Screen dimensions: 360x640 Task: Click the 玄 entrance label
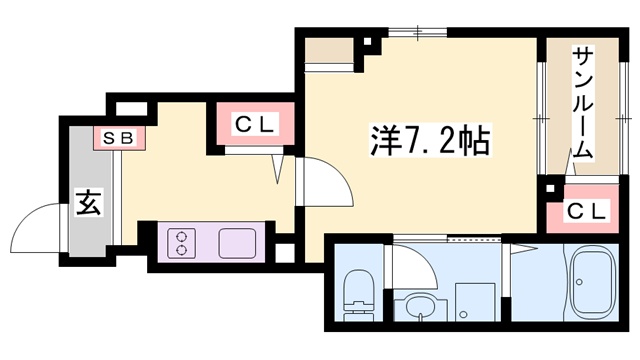[87, 204]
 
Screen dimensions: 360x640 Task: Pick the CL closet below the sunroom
[587, 210]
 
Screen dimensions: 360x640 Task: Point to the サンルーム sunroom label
[583, 105]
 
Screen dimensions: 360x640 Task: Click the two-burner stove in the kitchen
[183, 244]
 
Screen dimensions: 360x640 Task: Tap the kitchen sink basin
[237, 244]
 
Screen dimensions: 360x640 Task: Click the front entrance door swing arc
[38, 226]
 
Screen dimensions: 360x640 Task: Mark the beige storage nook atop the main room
[330, 51]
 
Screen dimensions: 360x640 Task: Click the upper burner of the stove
[183, 236]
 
